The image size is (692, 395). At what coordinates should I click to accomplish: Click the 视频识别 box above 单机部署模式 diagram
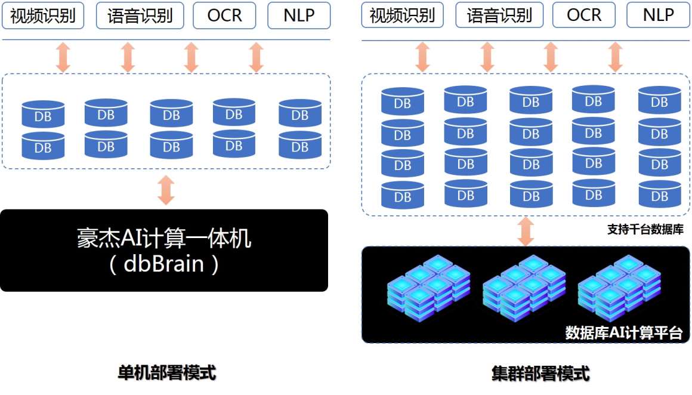[43, 16]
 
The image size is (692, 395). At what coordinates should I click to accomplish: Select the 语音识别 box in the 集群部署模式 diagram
[499, 16]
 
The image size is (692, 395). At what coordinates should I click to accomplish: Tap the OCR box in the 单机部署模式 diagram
[224, 16]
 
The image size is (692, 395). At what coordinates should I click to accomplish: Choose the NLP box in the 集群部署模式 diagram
[658, 16]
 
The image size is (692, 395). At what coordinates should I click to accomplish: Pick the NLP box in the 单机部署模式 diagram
[299, 16]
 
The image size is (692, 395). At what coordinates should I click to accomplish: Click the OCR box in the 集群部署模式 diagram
[584, 16]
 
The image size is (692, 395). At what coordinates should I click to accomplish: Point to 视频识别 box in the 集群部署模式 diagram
[402, 16]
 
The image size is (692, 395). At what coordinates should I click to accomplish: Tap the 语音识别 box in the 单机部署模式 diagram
[140, 16]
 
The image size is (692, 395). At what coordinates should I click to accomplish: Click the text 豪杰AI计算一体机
[164, 238]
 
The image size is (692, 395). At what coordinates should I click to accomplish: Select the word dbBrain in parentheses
[163, 264]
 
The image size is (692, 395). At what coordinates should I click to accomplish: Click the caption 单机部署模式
[167, 373]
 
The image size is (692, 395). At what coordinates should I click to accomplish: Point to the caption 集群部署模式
[540, 374]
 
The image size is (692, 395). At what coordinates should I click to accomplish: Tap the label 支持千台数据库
[645, 229]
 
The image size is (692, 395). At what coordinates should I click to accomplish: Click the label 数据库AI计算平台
[624, 332]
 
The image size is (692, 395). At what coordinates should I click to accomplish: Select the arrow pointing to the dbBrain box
[166, 190]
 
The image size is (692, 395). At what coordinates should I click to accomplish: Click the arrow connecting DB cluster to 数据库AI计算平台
[525, 231]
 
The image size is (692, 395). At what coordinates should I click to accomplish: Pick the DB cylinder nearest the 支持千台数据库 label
[659, 194]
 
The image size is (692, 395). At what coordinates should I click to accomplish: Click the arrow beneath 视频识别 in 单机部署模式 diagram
[63, 57]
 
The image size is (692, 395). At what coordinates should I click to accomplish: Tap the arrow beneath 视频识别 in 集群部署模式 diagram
[422, 57]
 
